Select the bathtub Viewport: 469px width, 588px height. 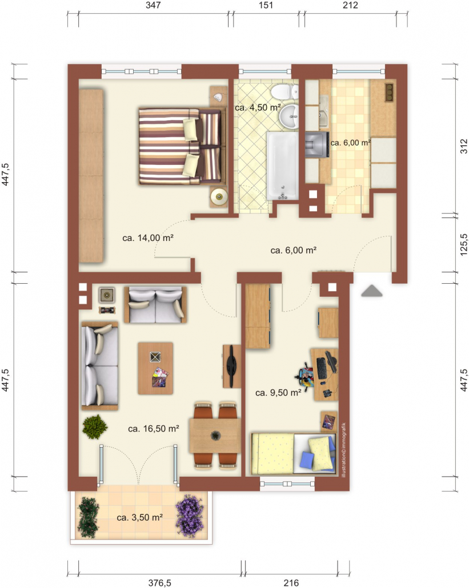pyautogui.click(x=283, y=166)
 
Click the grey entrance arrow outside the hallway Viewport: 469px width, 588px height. pyautogui.click(x=371, y=291)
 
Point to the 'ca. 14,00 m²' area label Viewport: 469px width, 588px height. pyautogui.click(x=148, y=237)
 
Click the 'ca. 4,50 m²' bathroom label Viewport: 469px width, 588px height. pyautogui.click(x=258, y=108)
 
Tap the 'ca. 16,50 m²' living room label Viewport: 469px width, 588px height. pyautogui.click(x=153, y=429)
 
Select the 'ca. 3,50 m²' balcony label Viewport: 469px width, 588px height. pyautogui.click(x=139, y=518)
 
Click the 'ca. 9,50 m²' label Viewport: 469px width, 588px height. pyautogui.click(x=278, y=393)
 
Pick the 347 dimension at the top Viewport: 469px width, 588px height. pyautogui.click(x=154, y=5)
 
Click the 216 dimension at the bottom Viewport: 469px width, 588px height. pyautogui.click(x=291, y=583)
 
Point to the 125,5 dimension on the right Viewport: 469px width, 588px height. pyautogui.click(x=464, y=245)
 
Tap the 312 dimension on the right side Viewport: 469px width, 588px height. pyautogui.click(x=464, y=146)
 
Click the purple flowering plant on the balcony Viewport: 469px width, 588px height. pyautogui.click(x=190, y=516)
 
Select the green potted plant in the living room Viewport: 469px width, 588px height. pyautogui.click(x=95, y=427)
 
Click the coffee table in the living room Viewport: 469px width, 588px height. pyautogui.click(x=155, y=368)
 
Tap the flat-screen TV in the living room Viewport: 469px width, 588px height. pyautogui.click(x=232, y=366)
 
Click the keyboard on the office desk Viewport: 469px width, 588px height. pyautogui.click(x=322, y=368)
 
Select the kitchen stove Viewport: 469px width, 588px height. pyautogui.click(x=317, y=144)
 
